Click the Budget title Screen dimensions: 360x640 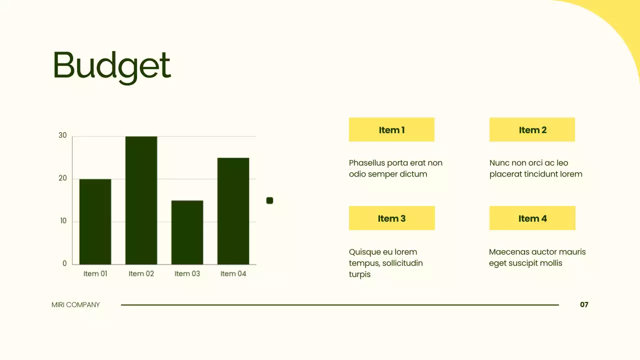pyautogui.click(x=111, y=66)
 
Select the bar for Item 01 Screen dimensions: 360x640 pyautogui.click(x=95, y=221)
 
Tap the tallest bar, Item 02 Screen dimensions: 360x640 pyautogui.click(x=141, y=200)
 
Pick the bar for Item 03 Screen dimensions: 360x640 pyautogui.click(x=187, y=232)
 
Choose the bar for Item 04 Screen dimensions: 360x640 pyautogui.click(x=233, y=211)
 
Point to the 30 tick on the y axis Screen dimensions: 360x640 pyautogui.click(x=62, y=135)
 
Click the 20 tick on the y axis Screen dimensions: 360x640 pyautogui.click(x=62, y=178)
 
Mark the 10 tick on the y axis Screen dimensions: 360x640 pyautogui.click(x=63, y=221)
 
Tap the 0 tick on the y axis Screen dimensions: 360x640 pyautogui.click(x=64, y=263)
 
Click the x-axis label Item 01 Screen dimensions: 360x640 pyautogui.click(x=95, y=273)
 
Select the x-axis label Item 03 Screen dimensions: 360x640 pyautogui.click(x=187, y=273)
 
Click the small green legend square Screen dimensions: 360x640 pyautogui.click(x=269, y=200)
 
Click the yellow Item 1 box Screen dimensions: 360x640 pyautogui.click(x=391, y=130)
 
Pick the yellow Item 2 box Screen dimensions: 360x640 pyautogui.click(x=532, y=130)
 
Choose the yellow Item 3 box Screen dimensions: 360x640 pyautogui.click(x=391, y=218)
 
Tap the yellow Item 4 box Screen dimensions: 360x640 pyautogui.click(x=532, y=218)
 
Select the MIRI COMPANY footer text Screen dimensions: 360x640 pyautogui.click(x=75, y=304)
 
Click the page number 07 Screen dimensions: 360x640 pyautogui.click(x=584, y=304)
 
